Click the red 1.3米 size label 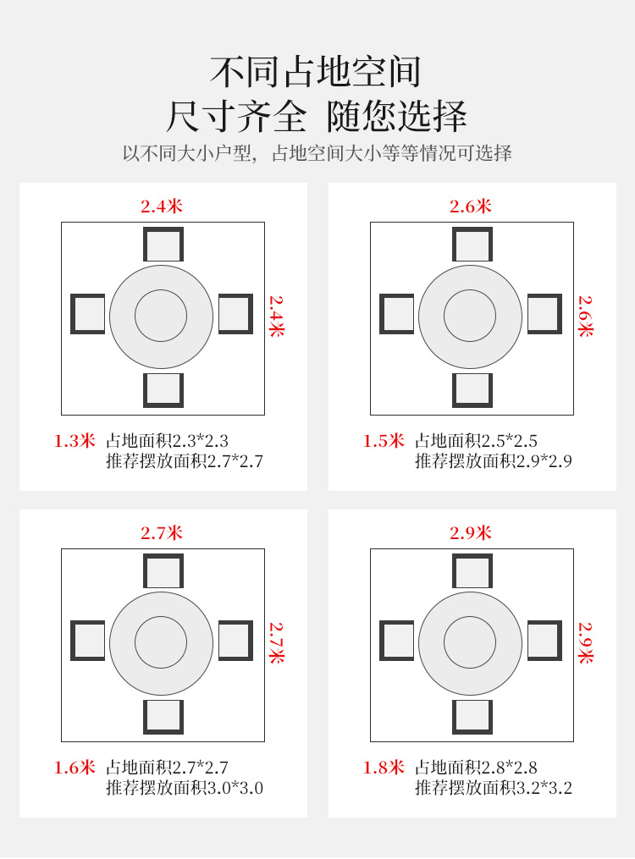click(x=75, y=441)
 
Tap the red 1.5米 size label click(x=384, y=441)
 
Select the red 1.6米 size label click(x=75, y=768)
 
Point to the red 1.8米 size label click(x=384, y=768)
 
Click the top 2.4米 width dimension click(x=162, y=206)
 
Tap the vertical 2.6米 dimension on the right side click(x=586, y=317)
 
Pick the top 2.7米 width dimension click(x=162, y=532)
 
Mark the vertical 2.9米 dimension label click(x=586, y=642)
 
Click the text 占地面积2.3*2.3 click(x=167, y=441)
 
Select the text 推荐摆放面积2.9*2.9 click(x=494, y=461)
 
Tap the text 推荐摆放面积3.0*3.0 click(x=185, y=788)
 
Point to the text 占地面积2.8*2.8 click(x=476, y=768)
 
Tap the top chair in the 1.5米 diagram click(x=472, y=245)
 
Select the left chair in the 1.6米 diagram click(x=88, y=641)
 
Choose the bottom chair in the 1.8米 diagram click(x=472, y=717)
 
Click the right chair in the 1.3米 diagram click(x=235, y=314)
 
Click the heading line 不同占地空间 click(x=316, y=72)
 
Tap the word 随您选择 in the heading click(x=397, y=116)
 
